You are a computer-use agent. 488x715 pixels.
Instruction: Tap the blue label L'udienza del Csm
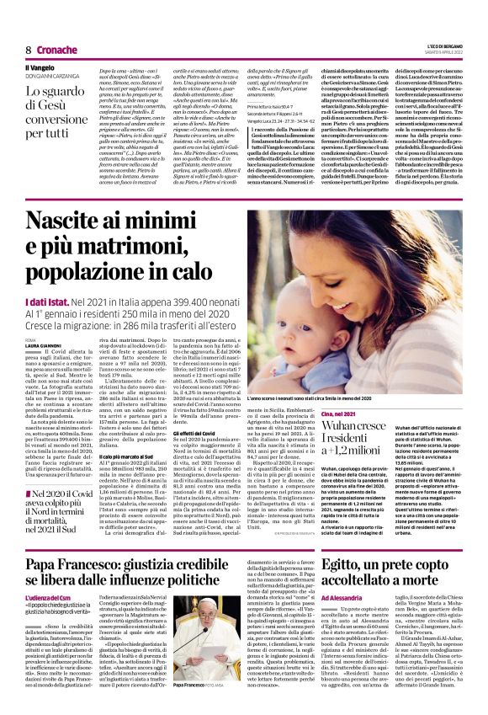point(50,595)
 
